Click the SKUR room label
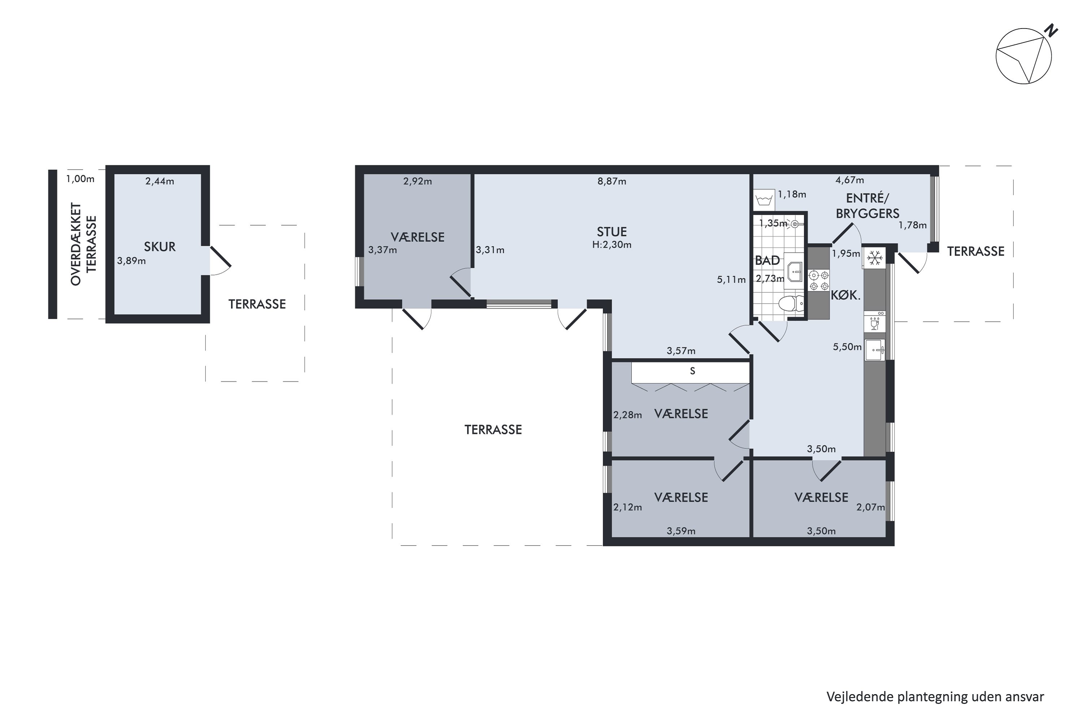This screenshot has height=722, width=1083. pos(160,247)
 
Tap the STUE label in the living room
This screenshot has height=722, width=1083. pos(612,232)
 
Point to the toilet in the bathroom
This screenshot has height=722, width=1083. pos(791,304)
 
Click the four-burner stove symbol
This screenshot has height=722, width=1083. pos(819,281)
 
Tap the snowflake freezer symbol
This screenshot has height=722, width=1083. pos(874,258)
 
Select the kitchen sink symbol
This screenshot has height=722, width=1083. pos(874,350)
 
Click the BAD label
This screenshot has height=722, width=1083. pos(767,261)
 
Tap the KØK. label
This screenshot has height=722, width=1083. pos(845,296)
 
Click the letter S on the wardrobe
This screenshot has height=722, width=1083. pos(692,371)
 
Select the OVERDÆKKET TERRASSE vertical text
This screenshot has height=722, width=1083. pos(83,244)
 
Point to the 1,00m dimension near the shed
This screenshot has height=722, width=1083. pos(80,179)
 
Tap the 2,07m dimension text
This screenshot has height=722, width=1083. pos(870,508)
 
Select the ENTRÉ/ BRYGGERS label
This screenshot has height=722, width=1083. pos(867,206)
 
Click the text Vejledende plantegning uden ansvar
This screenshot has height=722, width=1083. pos(935,697)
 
